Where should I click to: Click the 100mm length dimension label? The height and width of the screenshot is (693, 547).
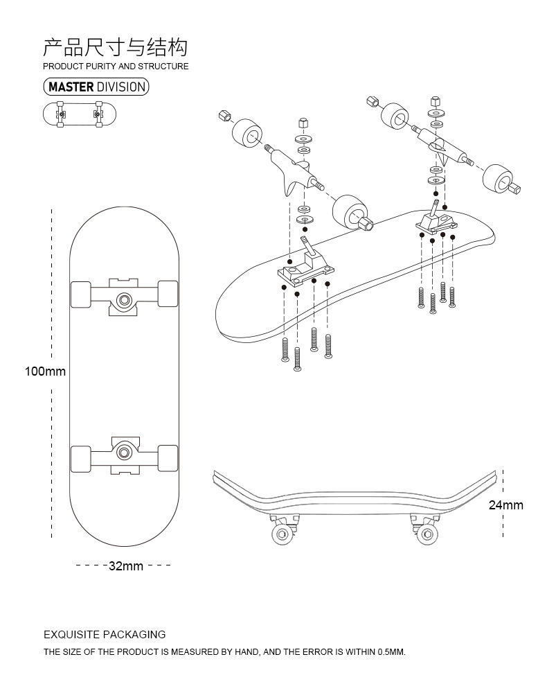pos(45,371)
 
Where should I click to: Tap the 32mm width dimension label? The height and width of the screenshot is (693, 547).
pos(125,566)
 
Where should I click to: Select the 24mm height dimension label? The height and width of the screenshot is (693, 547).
pos(505,505)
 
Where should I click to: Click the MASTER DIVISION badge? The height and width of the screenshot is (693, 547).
pos(96,87)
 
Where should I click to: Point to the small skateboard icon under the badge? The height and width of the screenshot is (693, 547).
pos(80,114)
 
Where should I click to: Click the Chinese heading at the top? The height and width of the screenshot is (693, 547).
pos(115,47)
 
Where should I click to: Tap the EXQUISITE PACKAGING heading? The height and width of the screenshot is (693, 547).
pos(105,634)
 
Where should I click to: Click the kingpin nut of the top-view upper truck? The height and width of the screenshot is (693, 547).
pos(125,299)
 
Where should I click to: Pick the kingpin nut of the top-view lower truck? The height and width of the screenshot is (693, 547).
pos(125,452)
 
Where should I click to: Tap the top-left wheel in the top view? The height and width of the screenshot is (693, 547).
pos(81,294)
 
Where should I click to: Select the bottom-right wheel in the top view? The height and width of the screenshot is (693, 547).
pos(168,458)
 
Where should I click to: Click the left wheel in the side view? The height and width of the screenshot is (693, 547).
pos(283,534)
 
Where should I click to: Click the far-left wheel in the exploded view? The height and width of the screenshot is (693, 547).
pos(246,132)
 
